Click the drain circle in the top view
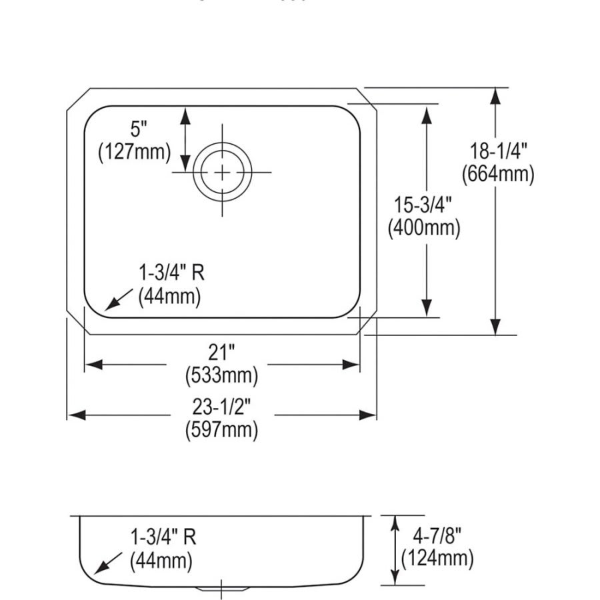[x=222, y=172]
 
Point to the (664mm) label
[x=498, y=175]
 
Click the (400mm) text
[x=424, y=229]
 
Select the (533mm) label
[x=221, y=375]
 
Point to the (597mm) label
[x=221, y=429]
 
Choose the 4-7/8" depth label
[x=437, y=536]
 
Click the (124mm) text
[x=437, y=558]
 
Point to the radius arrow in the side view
[x=106, y=564]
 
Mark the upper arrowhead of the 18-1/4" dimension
[x=495, y=97]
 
